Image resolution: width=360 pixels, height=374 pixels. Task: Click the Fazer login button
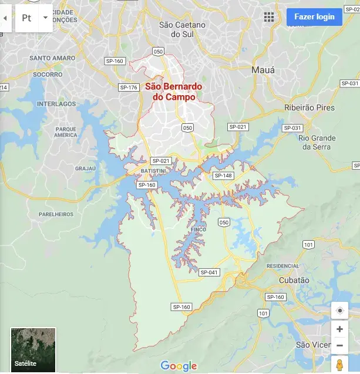pyautogui.click(x=314, y=16)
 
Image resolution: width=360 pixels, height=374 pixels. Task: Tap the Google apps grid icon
pyautogui.click(x=269, y=16)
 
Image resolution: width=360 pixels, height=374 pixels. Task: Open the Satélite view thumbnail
pyautogui.click(x=33, y=350)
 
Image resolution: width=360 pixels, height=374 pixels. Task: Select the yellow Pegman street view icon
pyautogui.click(x=339, y=364)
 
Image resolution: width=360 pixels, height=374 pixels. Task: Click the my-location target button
pyautogui.click(x=339, y=311)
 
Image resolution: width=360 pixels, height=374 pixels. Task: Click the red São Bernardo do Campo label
pyautogui.click(x=173, y=92)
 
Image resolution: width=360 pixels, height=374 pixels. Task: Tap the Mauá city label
pyautogui.click(x=263, y=70)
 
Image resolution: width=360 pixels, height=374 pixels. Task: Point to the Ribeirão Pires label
pyautogui.click(x=309, y=107)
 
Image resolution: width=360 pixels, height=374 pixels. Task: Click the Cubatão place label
pyautogui.click(x=294, y=280)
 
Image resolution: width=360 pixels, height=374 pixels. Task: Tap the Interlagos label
pyautogui.click(x=56, y=104)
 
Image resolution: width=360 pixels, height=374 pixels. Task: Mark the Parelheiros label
pyautogui.click(x=56, y=214)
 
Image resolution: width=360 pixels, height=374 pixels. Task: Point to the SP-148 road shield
pyautogui.click(x=223, y=176)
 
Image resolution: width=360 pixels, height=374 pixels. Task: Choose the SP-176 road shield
pyautogui.click(x=129, y=87)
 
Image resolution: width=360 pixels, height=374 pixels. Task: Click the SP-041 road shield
pyautogui.click(x=209, y=272)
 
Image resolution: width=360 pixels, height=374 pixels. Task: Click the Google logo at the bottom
pyautogui.click(x=179, y=366)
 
